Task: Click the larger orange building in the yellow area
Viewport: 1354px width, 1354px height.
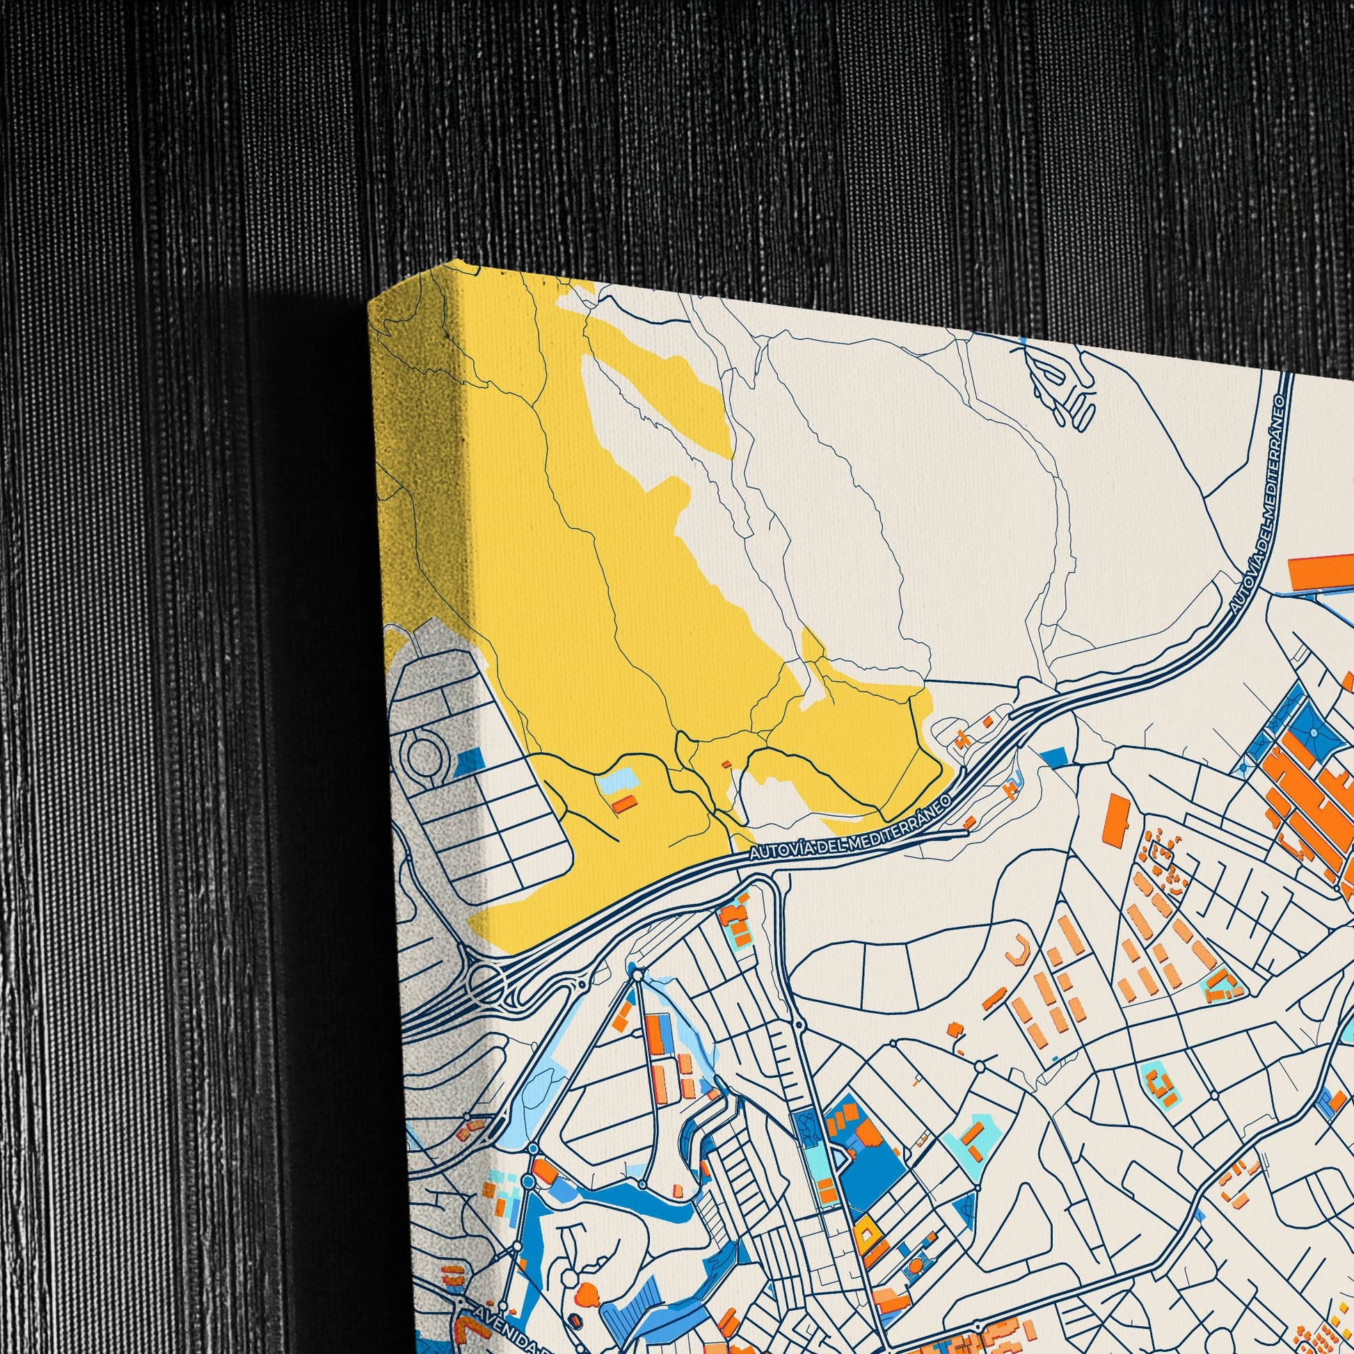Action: (x=623, y=803)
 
